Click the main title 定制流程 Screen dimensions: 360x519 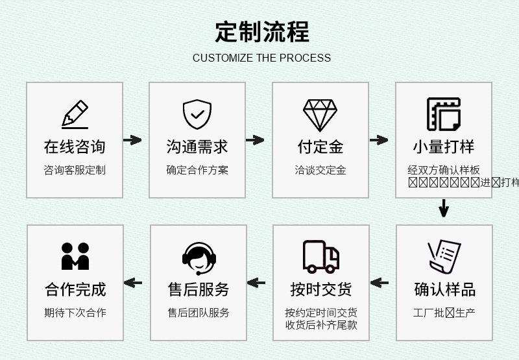[x=262, y=31]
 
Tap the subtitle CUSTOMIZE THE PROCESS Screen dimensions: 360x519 [x=261, y=58]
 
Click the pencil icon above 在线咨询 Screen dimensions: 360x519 [x=75, y=114]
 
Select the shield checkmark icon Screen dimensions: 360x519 [x=197, y=114]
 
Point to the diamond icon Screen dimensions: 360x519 [x=320, y=115]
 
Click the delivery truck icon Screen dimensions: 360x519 [x=321, y=256]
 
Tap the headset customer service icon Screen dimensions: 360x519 [x=198, y=258]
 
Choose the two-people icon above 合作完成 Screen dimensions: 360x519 [x=75, y=256]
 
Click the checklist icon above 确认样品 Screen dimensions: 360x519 [x=444, y=257]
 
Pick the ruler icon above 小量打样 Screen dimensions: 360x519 [x=444, y=114]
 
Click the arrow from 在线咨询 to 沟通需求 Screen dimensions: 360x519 [x=132, y=140]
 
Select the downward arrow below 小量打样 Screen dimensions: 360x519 [x=444, y=208]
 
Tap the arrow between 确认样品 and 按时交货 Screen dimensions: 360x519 [x=380, y=283]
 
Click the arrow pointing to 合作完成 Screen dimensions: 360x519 [x=133, y=283]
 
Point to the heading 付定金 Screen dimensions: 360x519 [x=320, y=147]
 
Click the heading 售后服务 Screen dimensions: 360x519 [x=198, y=289]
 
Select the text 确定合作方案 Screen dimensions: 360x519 [x=197, y=170]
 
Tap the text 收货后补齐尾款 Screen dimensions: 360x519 [x=321, y=324]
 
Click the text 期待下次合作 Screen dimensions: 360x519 [x=75, y=312]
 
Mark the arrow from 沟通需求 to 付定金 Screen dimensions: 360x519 [x=255, y=140]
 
